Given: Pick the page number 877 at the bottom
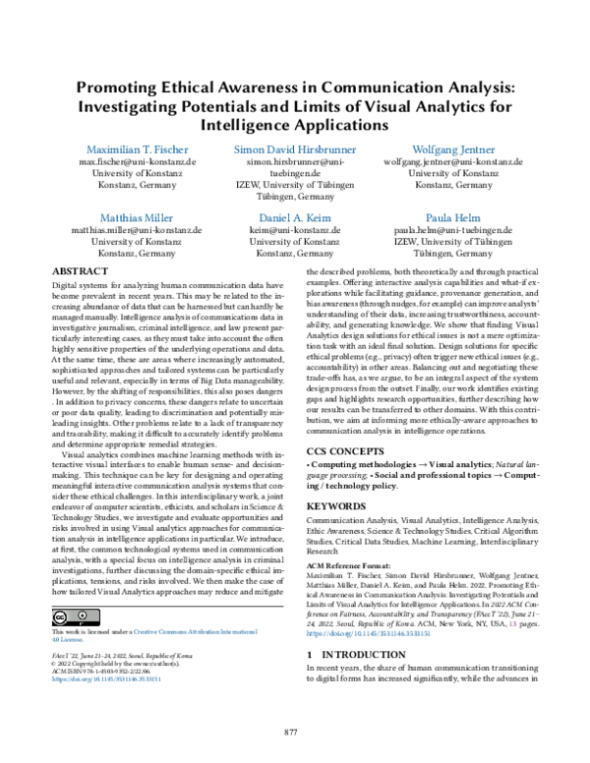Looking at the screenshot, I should [291, 732].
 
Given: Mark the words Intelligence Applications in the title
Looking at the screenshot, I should [295, 125].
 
